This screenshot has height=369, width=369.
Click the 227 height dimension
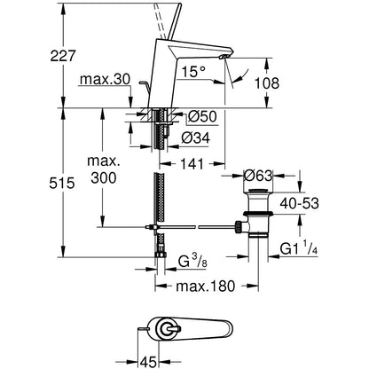tap(63, 56)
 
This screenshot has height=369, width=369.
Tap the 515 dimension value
tap(62, 184)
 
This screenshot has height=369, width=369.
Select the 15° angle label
tap(193, 72)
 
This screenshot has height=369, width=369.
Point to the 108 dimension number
tap(267, 83)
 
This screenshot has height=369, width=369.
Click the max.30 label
tap(106, 79)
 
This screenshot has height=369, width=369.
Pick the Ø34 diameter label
tap(196, 137)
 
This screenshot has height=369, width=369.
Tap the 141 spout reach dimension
tap(192, 164)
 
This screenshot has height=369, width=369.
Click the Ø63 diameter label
tap(257, 176)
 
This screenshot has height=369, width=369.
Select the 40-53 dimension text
tap(300, 203)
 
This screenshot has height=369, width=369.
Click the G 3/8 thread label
tap(192, 261)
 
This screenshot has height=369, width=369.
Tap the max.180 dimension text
tap(206, 286)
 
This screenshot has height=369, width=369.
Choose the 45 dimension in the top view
tap(148, 361)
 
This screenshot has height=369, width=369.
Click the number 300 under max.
tap(104, 178)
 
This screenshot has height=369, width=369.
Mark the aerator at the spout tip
tap(225, 57)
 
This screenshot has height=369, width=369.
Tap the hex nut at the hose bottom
tap(161, 255)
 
